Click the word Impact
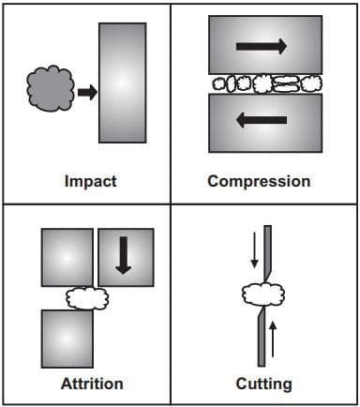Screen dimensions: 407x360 (90, 181)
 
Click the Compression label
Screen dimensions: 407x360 (258, 181)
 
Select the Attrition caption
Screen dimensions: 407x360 (91, 384)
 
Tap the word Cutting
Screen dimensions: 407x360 (263, 384)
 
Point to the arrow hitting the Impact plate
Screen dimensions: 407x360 (85, 92)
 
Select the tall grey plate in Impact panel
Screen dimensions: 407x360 (122, 82)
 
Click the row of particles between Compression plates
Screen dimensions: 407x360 (258, 83)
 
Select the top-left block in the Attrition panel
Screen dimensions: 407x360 (67, 258)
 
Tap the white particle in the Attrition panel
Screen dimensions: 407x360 (87, 299)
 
